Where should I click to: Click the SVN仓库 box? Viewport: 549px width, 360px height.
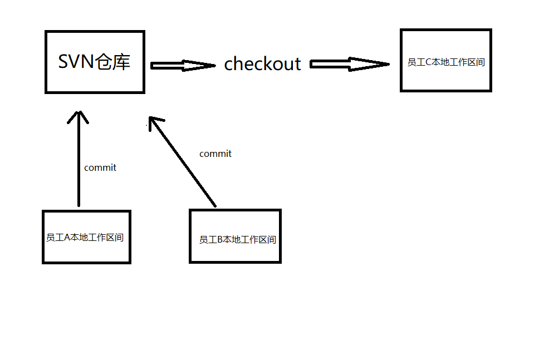[x=95, y=62]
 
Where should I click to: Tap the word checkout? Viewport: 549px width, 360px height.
[x=262, y=64]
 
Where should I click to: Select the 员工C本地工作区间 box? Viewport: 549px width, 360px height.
[x=446, y=61]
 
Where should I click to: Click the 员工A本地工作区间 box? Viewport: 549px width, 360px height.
[x=86, y=237]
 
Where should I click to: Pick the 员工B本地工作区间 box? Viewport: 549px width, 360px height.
[x=235, y=236]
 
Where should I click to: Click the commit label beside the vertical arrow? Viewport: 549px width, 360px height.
[x=100, y=167]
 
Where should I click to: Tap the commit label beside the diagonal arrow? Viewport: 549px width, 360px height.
[x=215, y=154]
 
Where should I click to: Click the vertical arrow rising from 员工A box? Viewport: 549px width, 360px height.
[x=79, y=161]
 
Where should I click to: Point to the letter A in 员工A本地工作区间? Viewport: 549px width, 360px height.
[x=68, y=238]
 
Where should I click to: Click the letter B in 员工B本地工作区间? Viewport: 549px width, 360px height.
[x=220, y=240]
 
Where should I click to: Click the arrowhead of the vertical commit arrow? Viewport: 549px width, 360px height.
[x=79, y=117]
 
